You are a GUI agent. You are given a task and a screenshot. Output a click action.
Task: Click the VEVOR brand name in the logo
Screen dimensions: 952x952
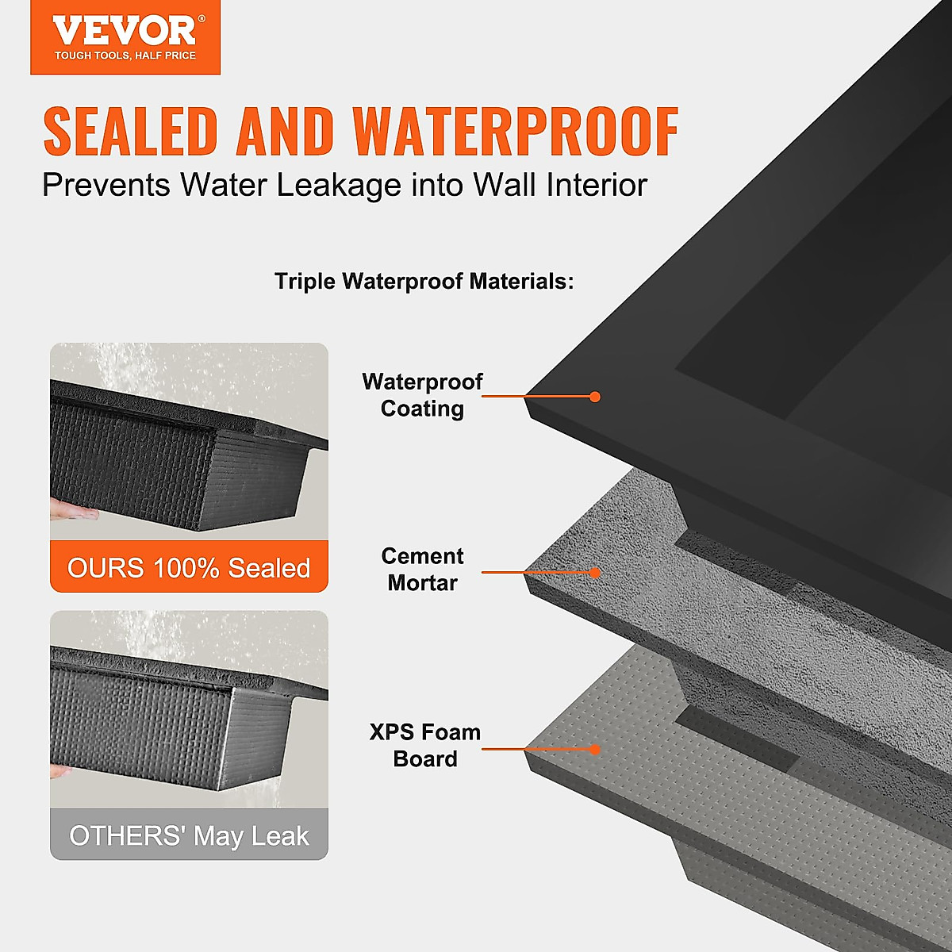pyautogui.click(x=125, y=32)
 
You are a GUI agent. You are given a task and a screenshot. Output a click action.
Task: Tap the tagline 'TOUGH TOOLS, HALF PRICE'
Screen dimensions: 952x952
pyautogui.click(x=125, y=56)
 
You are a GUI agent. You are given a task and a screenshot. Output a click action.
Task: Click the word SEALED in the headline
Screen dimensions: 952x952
pyautogui.click(x=130, y=131)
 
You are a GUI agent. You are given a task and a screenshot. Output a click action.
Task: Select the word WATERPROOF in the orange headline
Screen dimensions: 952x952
pyautogui.click(x=516, y=131)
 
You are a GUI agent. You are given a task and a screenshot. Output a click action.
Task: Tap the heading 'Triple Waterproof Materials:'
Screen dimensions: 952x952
pyautogui.click(x=424, y=281)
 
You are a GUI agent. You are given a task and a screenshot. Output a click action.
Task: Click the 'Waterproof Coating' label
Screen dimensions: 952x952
pyautogui.click(x=422, y=395)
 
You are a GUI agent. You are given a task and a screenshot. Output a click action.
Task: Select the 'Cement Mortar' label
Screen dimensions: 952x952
pyautogui.click(x=422, y=570)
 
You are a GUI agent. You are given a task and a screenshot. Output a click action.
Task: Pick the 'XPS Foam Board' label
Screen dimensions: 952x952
pyautogui.click(x=425, y=746)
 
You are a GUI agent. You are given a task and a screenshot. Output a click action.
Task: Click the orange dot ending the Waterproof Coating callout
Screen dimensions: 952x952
pyautogui.click(x=595, y=397)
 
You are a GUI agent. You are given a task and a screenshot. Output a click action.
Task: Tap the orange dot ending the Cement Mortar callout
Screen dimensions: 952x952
pyautogui.click(x=595, y=572)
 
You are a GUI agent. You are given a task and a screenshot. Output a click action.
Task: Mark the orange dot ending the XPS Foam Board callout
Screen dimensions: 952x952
pyautogui.click(x=595, y=749)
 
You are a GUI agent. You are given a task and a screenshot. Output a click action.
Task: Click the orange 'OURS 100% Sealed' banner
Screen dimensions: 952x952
pyautogui.click(x=189, y=567)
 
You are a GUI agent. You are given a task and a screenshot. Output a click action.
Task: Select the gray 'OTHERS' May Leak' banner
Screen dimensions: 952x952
pyautogui.click(x=189, y=835)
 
